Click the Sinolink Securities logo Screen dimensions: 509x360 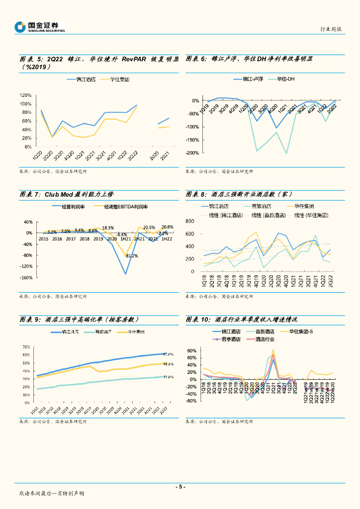(40, 27)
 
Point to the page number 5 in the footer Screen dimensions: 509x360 (180, 487)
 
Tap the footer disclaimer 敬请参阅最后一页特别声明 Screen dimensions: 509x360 (52, 494)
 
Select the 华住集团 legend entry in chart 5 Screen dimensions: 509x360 (119, 79)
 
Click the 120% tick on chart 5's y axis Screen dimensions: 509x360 (26, 95)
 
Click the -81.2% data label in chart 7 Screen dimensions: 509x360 (131, 255)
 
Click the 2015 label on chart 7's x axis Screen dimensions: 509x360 (43, 239)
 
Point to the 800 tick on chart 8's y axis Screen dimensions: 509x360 (194, 221)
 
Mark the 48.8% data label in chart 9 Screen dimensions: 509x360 (168, 364)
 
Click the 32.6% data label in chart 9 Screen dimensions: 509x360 (168, 377)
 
